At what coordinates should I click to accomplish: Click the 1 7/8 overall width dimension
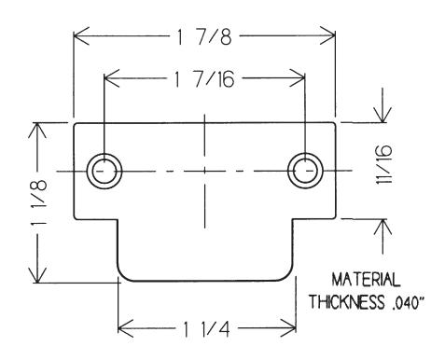click(204, 37)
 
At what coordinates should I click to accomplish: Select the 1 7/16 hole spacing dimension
click(203, 79)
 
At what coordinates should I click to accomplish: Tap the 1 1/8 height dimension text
click(39, 202)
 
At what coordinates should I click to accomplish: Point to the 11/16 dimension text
click(383, 164)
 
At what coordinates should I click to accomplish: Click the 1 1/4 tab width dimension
click(206, 329)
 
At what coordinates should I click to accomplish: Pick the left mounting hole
click(104, 171)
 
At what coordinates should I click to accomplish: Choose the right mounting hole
click(305, 171)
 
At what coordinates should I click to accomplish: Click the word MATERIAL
click(366, 280)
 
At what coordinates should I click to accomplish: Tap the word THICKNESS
click(346, 301)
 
